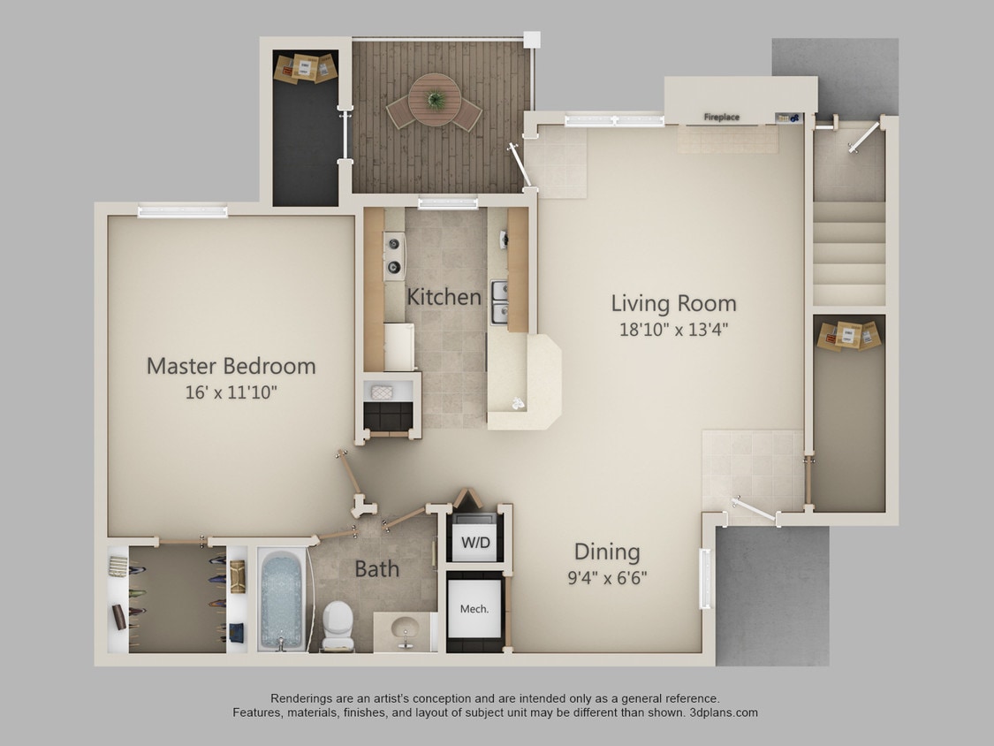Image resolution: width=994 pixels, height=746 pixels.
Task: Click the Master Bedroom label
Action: pyautogui.click(x=231, y=365)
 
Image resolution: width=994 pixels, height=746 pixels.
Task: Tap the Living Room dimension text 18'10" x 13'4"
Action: pyautogui.click(x=673, y=330)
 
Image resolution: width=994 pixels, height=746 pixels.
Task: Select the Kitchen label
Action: pyautogui.click(x=444, y=297)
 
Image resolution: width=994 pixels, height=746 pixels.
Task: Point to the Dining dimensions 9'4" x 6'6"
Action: pyautogui.click(x=607, y=579)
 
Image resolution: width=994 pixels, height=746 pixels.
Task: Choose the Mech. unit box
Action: pyautogui.click(x=474, y=608)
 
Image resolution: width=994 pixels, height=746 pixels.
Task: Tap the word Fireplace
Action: pyautogui.click(x=721, y=117)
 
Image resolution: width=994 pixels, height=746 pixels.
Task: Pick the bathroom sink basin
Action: pyautogui.click(x=406, y=628)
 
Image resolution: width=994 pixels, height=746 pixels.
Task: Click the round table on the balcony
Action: pyautogui.click(x=435, y=96)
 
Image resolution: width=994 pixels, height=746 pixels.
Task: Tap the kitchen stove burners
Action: pyautogui.click(x=394, y=255)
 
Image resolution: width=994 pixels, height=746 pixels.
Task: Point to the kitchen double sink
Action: pyautogui.click(x=499, y=301)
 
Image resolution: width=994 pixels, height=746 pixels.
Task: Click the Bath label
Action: pyautogui.click(x=376, y=568)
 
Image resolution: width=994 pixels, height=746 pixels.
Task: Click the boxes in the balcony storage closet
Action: pyautogui.click(x=306, y=67)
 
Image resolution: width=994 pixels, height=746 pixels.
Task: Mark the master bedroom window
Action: pyautogui.click(x=183, y=211)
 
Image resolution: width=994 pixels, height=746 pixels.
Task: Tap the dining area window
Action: pyautogui.click(x=705, y=578)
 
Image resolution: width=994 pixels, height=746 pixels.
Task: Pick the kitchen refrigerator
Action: pyautogui.click(x=398, y=347)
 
